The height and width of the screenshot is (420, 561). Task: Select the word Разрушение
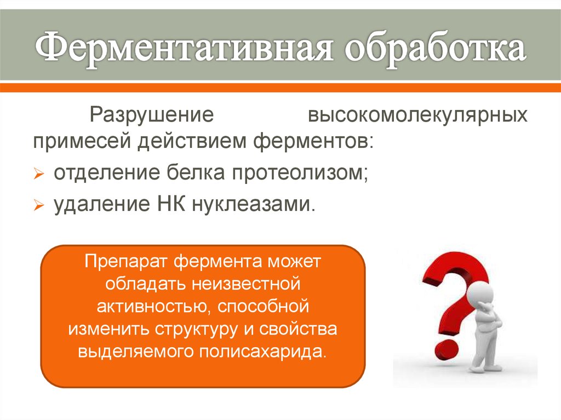(x=152, y=116)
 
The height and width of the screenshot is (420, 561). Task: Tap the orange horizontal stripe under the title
(x=280, y=87)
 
